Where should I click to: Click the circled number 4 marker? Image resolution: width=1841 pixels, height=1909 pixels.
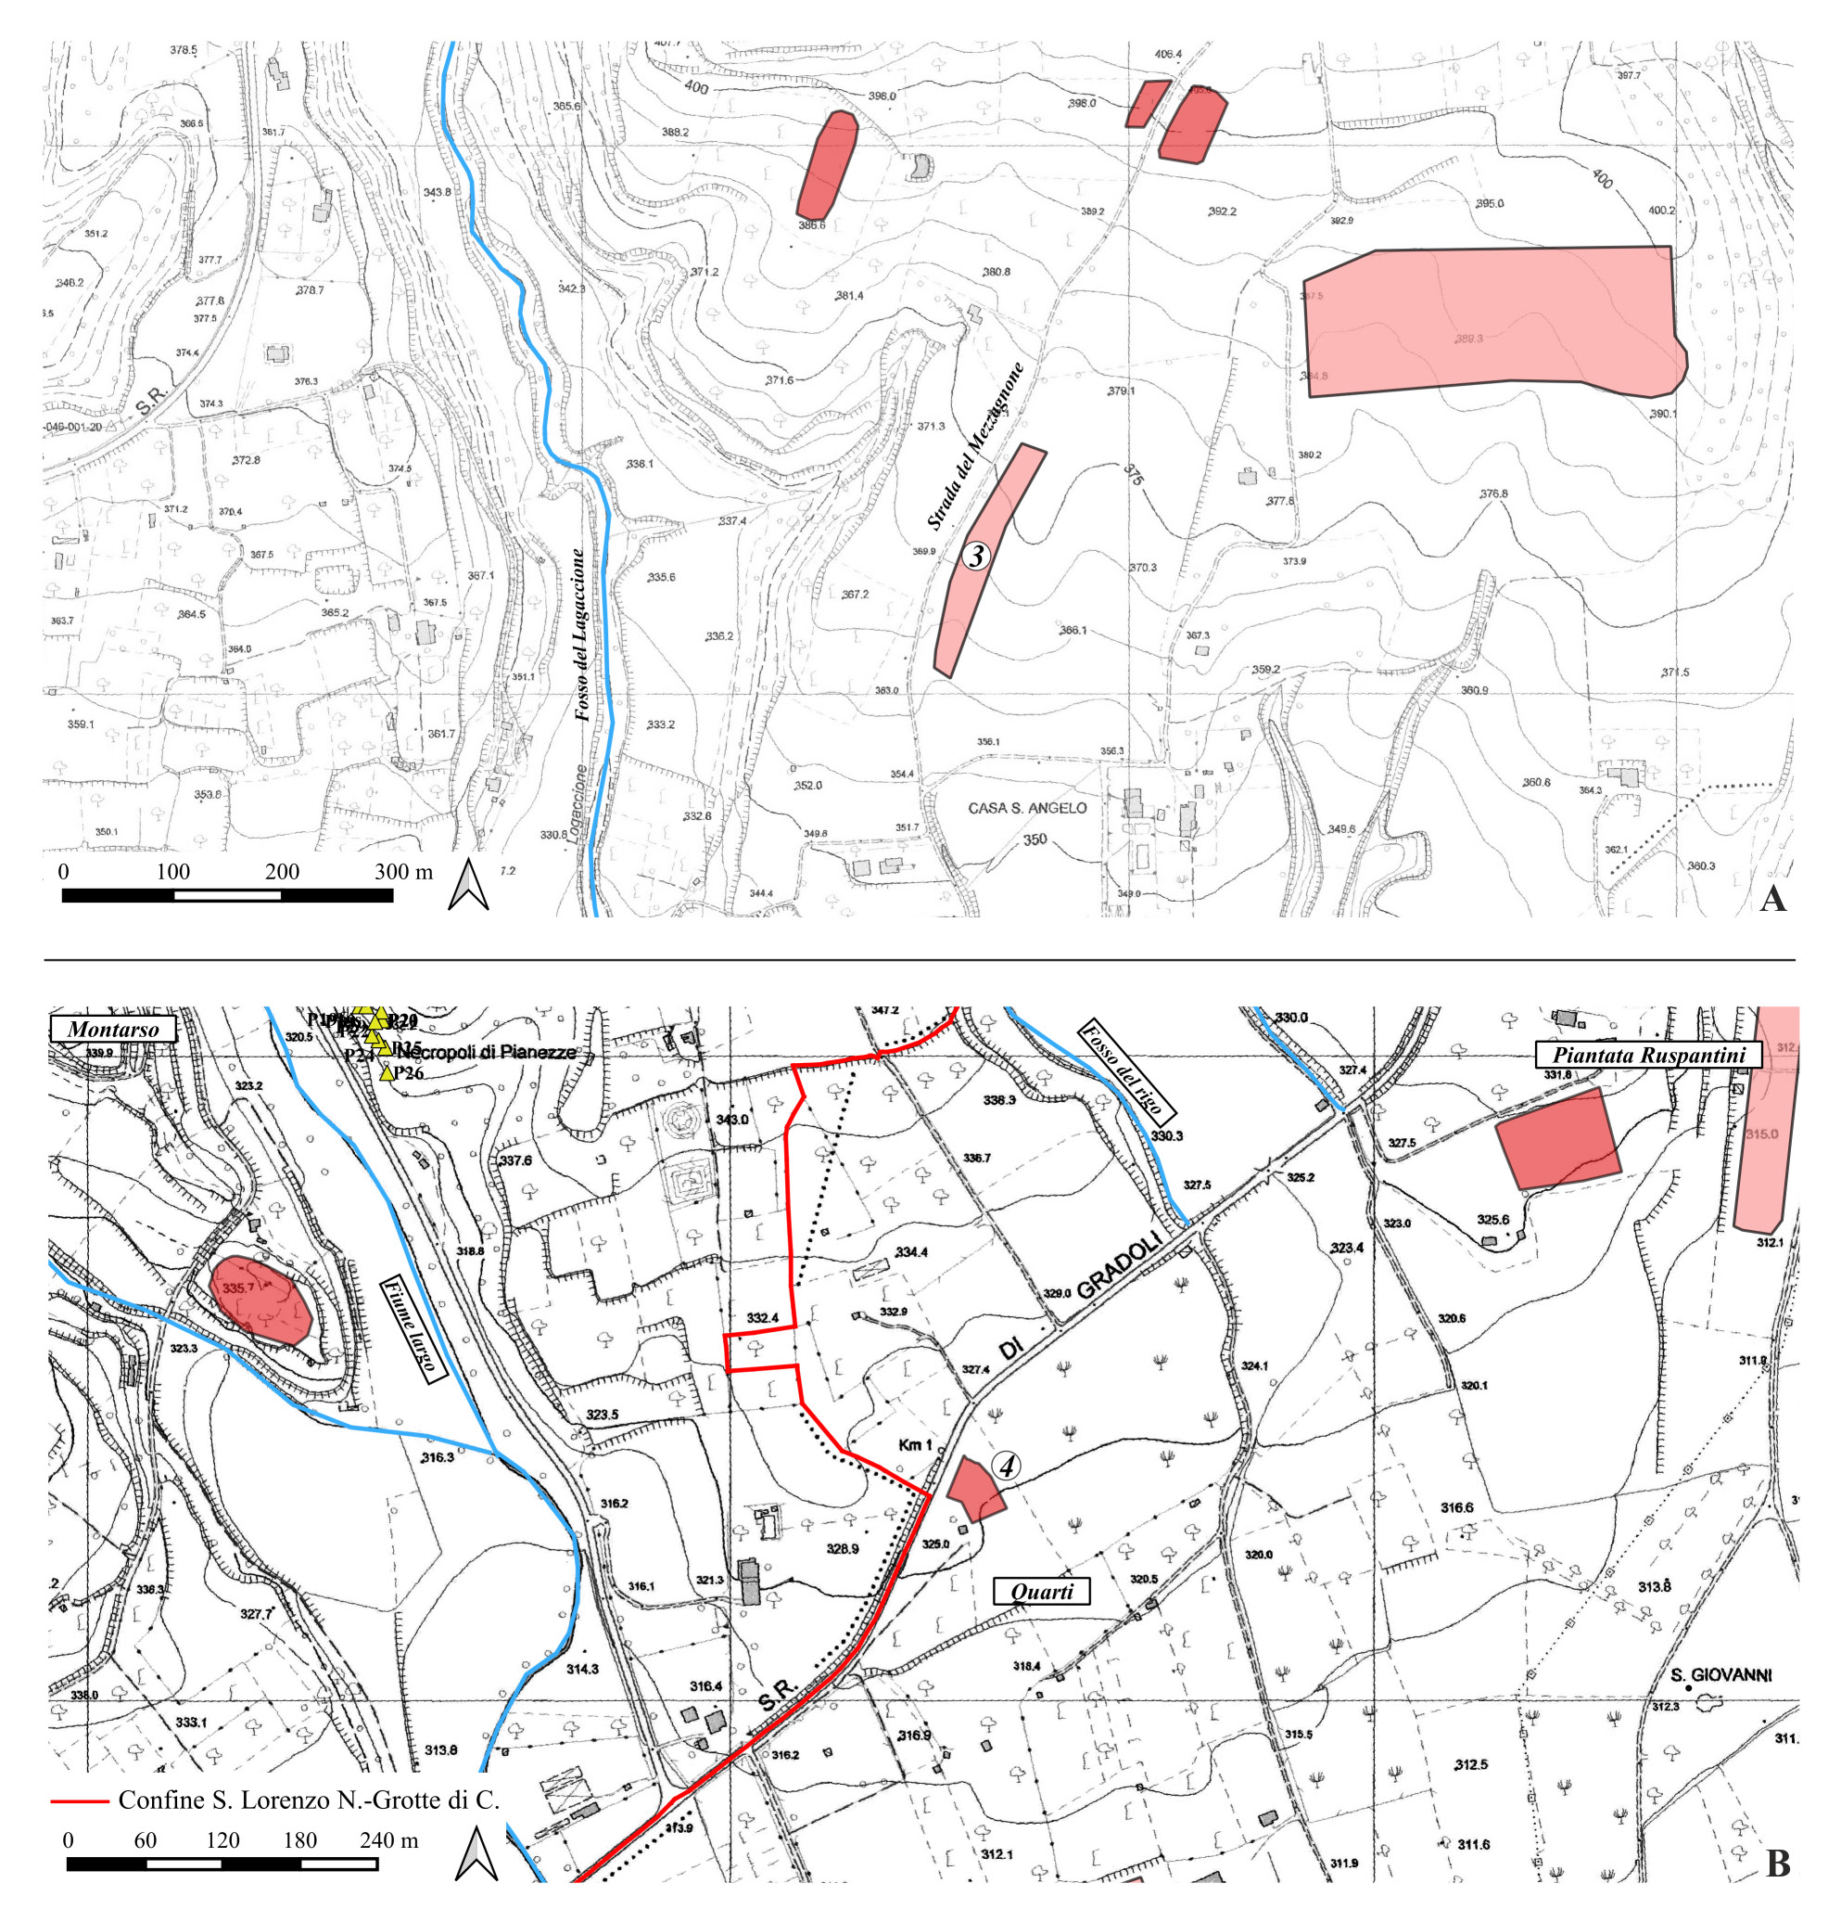coord(1007,1466)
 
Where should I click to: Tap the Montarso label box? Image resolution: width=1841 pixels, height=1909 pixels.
coord(113,1029)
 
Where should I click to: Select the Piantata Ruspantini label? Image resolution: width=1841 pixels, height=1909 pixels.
coord(1649,1054)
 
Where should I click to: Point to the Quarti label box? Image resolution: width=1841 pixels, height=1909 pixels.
coord(1041,1592)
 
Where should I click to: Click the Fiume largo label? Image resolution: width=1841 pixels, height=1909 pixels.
coord(413,1328)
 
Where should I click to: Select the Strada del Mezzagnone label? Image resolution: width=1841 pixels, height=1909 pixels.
coord(974,446)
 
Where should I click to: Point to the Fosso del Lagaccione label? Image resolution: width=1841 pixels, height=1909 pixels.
coord(580,635)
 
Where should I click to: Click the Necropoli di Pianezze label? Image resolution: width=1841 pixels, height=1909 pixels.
coord(487,1053)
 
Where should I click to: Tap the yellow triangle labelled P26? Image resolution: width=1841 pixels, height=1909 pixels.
coord(387,1073)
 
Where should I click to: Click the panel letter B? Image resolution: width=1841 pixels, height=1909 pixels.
coord(1778,1864)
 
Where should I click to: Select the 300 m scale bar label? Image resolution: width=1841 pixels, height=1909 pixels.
coord(403,872)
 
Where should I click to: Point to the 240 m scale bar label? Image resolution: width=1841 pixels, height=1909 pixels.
coord(389,1839)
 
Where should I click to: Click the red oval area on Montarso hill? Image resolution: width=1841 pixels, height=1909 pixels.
coord(260,1300)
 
